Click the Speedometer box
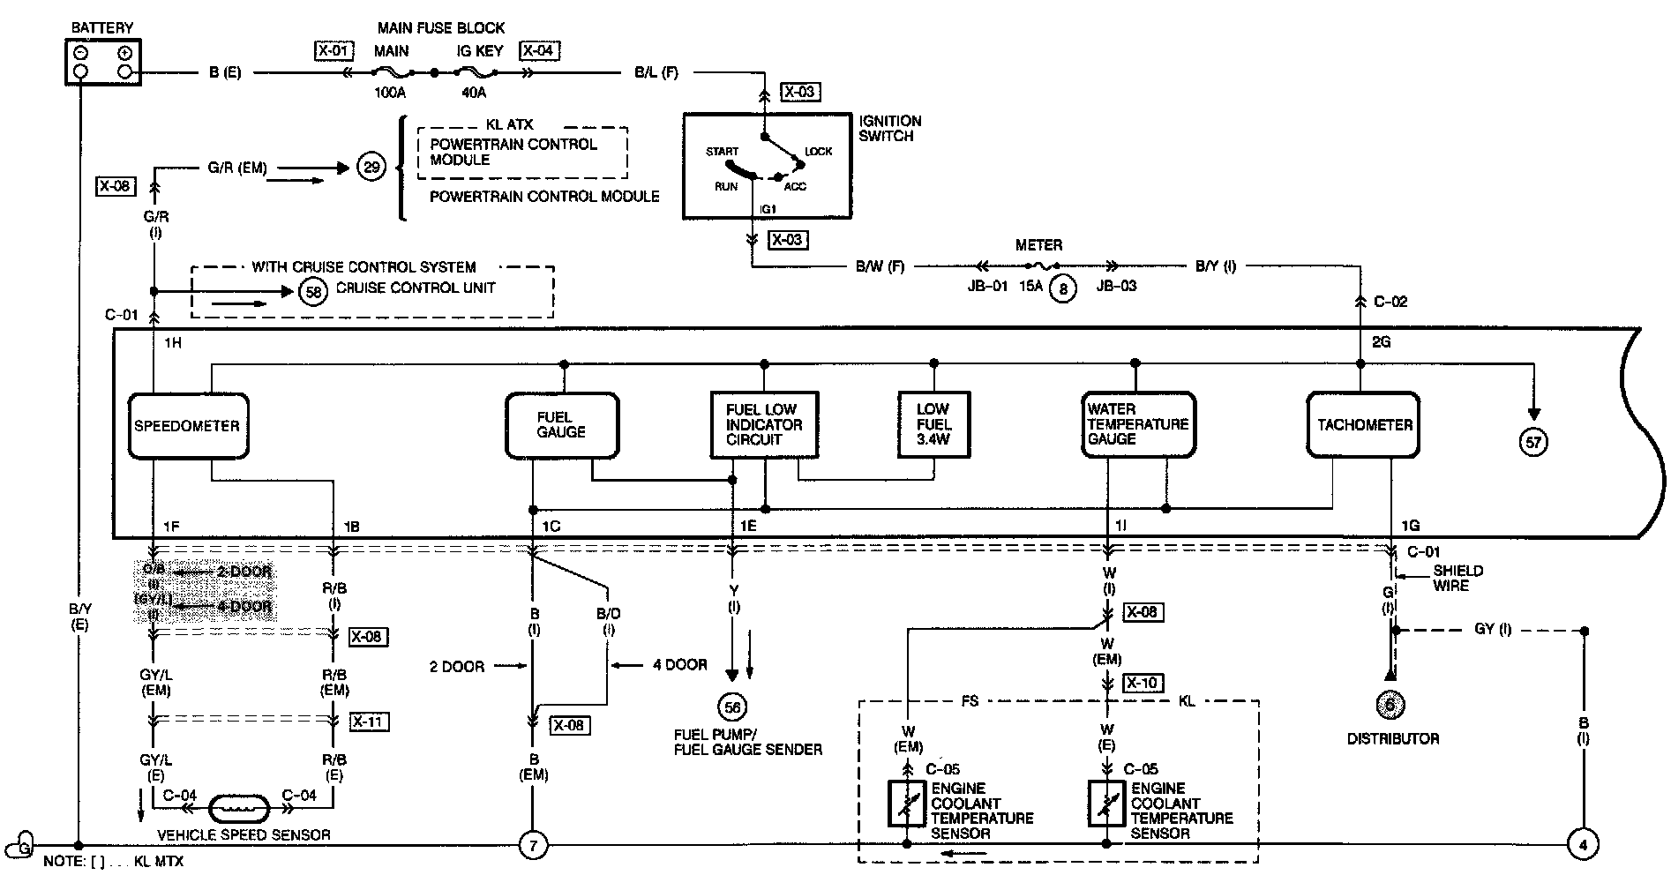[187, 426]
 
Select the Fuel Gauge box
[561, 425]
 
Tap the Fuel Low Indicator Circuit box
[764, 424]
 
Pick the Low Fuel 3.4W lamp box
[933, 424]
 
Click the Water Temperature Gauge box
[1138, 424]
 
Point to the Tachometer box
[1364, 425]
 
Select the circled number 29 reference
[371, 167]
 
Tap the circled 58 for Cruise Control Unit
[313, 290]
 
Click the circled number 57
[1533, 442]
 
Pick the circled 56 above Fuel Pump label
[732, 707]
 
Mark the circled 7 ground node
[533, 845]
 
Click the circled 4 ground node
[1583, 844]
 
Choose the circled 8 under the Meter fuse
[1063, 288]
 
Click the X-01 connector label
[333, 50]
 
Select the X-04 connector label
[539, 50]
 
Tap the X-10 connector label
[1143, 683]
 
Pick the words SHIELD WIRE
[1457, 578]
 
